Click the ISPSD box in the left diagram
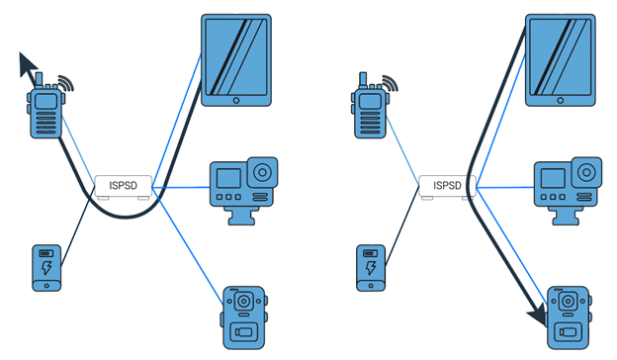(x=124, y=185)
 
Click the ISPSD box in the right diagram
(x=448, y=185)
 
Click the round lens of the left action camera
(x=262, y=171)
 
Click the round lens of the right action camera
(x=586, y=171)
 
